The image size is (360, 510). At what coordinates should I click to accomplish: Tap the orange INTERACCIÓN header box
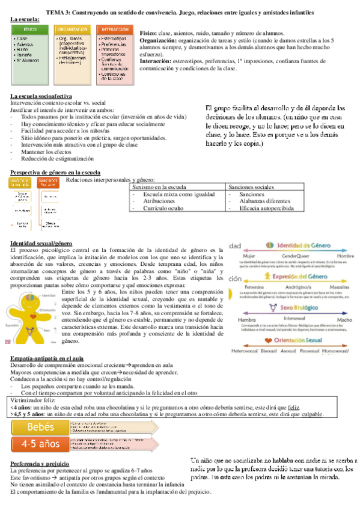point(114,29)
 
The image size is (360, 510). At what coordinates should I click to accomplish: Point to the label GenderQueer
point(295,256)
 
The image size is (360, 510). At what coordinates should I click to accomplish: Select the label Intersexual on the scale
point(294,319)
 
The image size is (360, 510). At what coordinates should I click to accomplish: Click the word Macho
point(344,319)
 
